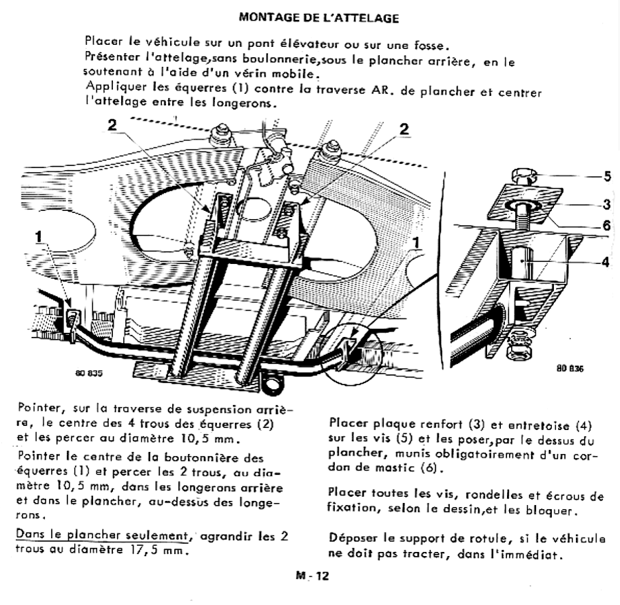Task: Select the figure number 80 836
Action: click(568, 369)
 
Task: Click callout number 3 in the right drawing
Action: click(607, 203)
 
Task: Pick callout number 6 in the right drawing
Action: click(607, 224)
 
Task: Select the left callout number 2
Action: click(112, 124)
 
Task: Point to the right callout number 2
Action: click(404, 129)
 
